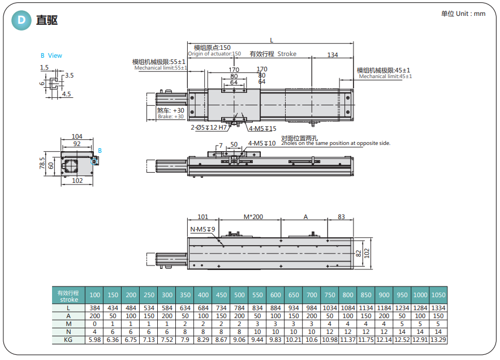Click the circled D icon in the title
21,20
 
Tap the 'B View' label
51,55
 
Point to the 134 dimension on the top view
333,55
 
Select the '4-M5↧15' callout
262,128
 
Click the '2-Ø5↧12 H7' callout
209,127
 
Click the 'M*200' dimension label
253,217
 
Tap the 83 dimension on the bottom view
341,217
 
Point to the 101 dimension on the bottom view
203,217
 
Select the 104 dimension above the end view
77,136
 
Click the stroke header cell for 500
239,295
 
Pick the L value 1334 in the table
438,307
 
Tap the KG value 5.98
94,340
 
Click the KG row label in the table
68,340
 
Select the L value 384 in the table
94,307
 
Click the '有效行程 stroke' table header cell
68,295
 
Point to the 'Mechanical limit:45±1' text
385,76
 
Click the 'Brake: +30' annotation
171,117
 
